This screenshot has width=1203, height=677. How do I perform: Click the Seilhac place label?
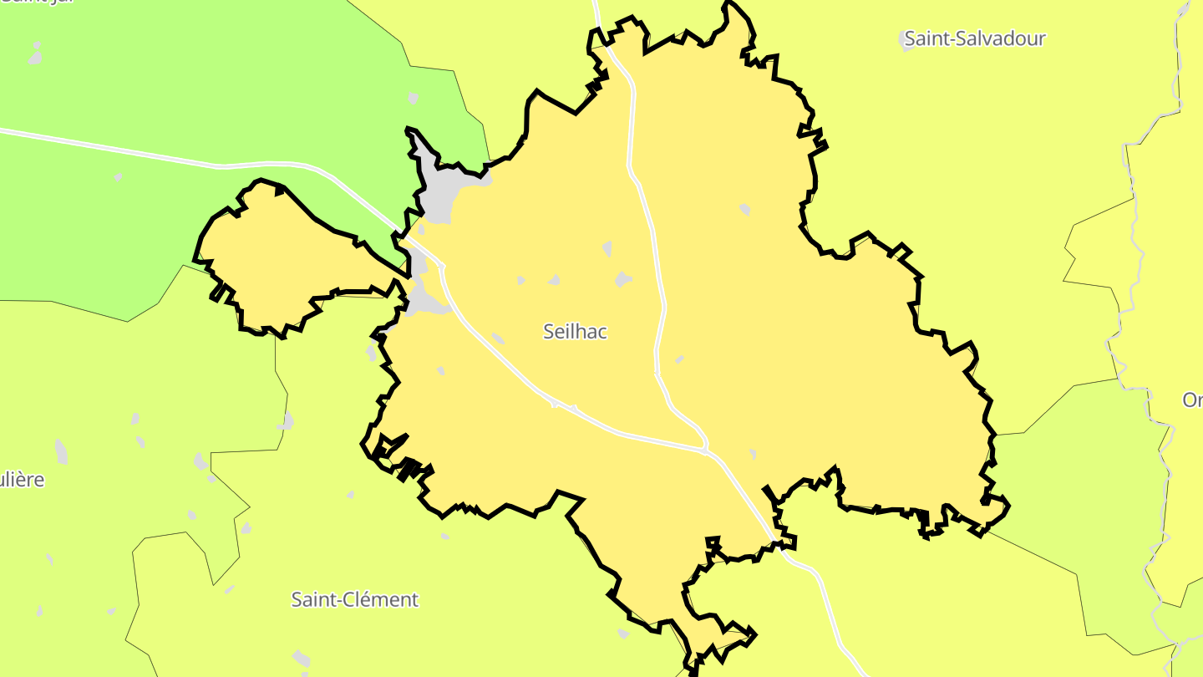pyautogui.click(x=575, y=332)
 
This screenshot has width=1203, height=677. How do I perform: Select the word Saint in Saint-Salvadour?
pyautogui.click(x=926, y=38)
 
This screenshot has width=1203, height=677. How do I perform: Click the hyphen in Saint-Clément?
pyautogui.click(x=338, y=600)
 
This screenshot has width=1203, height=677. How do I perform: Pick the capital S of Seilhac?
pyautogui.click(x=549, y=332)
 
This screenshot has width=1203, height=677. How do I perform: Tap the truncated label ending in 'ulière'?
pyautogui.click(x=22, y=481)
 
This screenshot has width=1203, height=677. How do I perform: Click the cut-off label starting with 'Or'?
pyautogui.click(x=1192, y=400)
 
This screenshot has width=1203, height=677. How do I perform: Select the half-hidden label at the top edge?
pyautogui.click(x=38, y=3)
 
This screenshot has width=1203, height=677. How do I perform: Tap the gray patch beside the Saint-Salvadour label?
pyautogui.click(x=908, y=40)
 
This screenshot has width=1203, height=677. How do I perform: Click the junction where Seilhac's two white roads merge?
pyautogui.click(x=706, y=450)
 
